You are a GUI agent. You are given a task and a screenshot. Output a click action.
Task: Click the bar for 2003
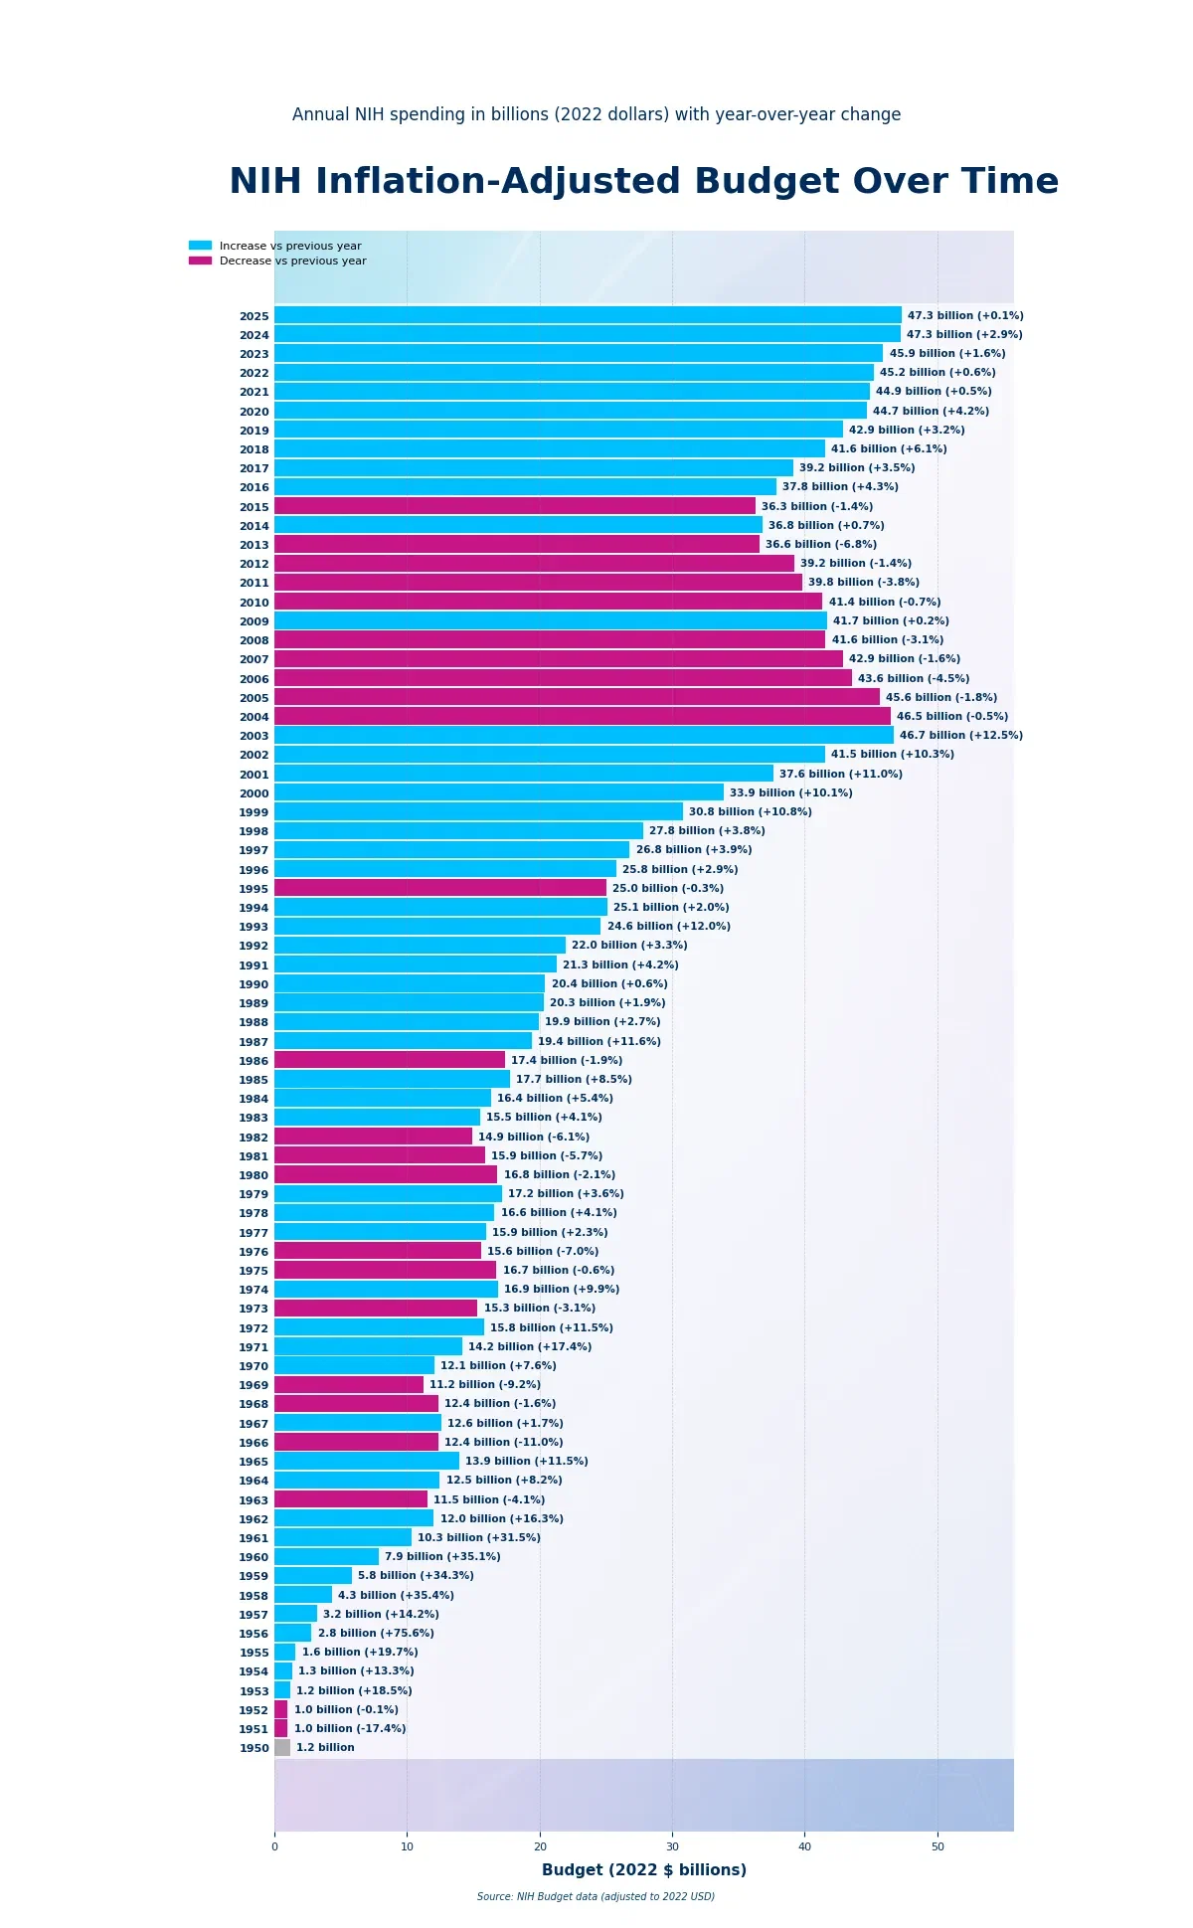tap(584, 736)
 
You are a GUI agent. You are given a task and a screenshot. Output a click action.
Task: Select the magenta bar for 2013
tap(517, 545)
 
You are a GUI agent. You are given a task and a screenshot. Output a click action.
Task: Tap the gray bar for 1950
tap(282, 1748)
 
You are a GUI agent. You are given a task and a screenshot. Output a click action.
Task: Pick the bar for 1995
tap(440, 889)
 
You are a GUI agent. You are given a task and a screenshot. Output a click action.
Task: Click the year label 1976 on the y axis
tap(254, 1252)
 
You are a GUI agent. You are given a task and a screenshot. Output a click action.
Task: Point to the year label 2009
tap(254, 621)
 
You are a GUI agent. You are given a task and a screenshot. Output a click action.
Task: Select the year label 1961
tap(254, 1538)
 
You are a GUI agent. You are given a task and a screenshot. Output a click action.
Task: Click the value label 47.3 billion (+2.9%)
tap(964, 335)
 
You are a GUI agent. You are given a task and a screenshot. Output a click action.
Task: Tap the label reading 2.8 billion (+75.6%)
tap(376, 1634)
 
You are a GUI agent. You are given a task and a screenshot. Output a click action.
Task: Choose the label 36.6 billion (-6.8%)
tap(821, 545)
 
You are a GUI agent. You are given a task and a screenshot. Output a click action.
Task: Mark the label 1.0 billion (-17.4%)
tap(350, 1729)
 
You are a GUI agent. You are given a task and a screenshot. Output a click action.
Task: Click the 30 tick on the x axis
tap(672, 1847)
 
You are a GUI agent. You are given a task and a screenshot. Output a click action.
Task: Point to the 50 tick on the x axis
tap(937, 1847)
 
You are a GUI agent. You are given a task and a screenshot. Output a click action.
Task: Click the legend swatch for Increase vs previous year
tap(200, 246)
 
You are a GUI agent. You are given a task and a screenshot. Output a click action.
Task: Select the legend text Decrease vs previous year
tap(292, 262)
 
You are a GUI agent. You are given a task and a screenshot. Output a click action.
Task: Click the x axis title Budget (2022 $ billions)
tap(644, 1870)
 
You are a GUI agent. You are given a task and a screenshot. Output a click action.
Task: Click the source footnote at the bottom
tap(596, 1897)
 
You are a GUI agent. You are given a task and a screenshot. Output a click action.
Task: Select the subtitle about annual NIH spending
tap(596, 114)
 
